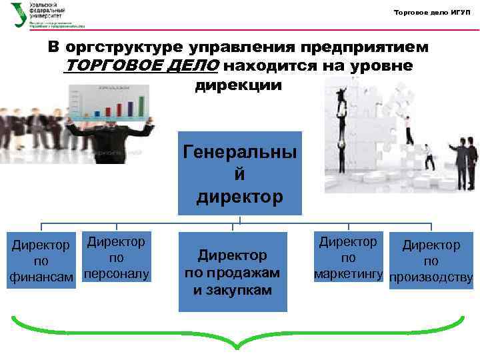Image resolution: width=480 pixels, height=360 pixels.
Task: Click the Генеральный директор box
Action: (240, 173)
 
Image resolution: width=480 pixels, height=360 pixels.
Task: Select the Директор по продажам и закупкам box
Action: (232, 272)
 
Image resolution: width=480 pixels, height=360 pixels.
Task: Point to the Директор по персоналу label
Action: (117, 257)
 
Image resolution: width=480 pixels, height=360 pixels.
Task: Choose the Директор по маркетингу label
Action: (348, 257)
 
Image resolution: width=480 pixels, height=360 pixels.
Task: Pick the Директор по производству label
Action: (431, 261)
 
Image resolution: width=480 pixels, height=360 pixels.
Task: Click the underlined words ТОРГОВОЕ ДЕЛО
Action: (142, 67)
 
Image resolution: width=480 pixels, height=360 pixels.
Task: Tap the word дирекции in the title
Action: (239, 85)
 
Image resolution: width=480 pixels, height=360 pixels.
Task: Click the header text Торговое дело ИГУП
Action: (432, 13)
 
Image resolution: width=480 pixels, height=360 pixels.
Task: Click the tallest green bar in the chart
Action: (141, 105)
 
